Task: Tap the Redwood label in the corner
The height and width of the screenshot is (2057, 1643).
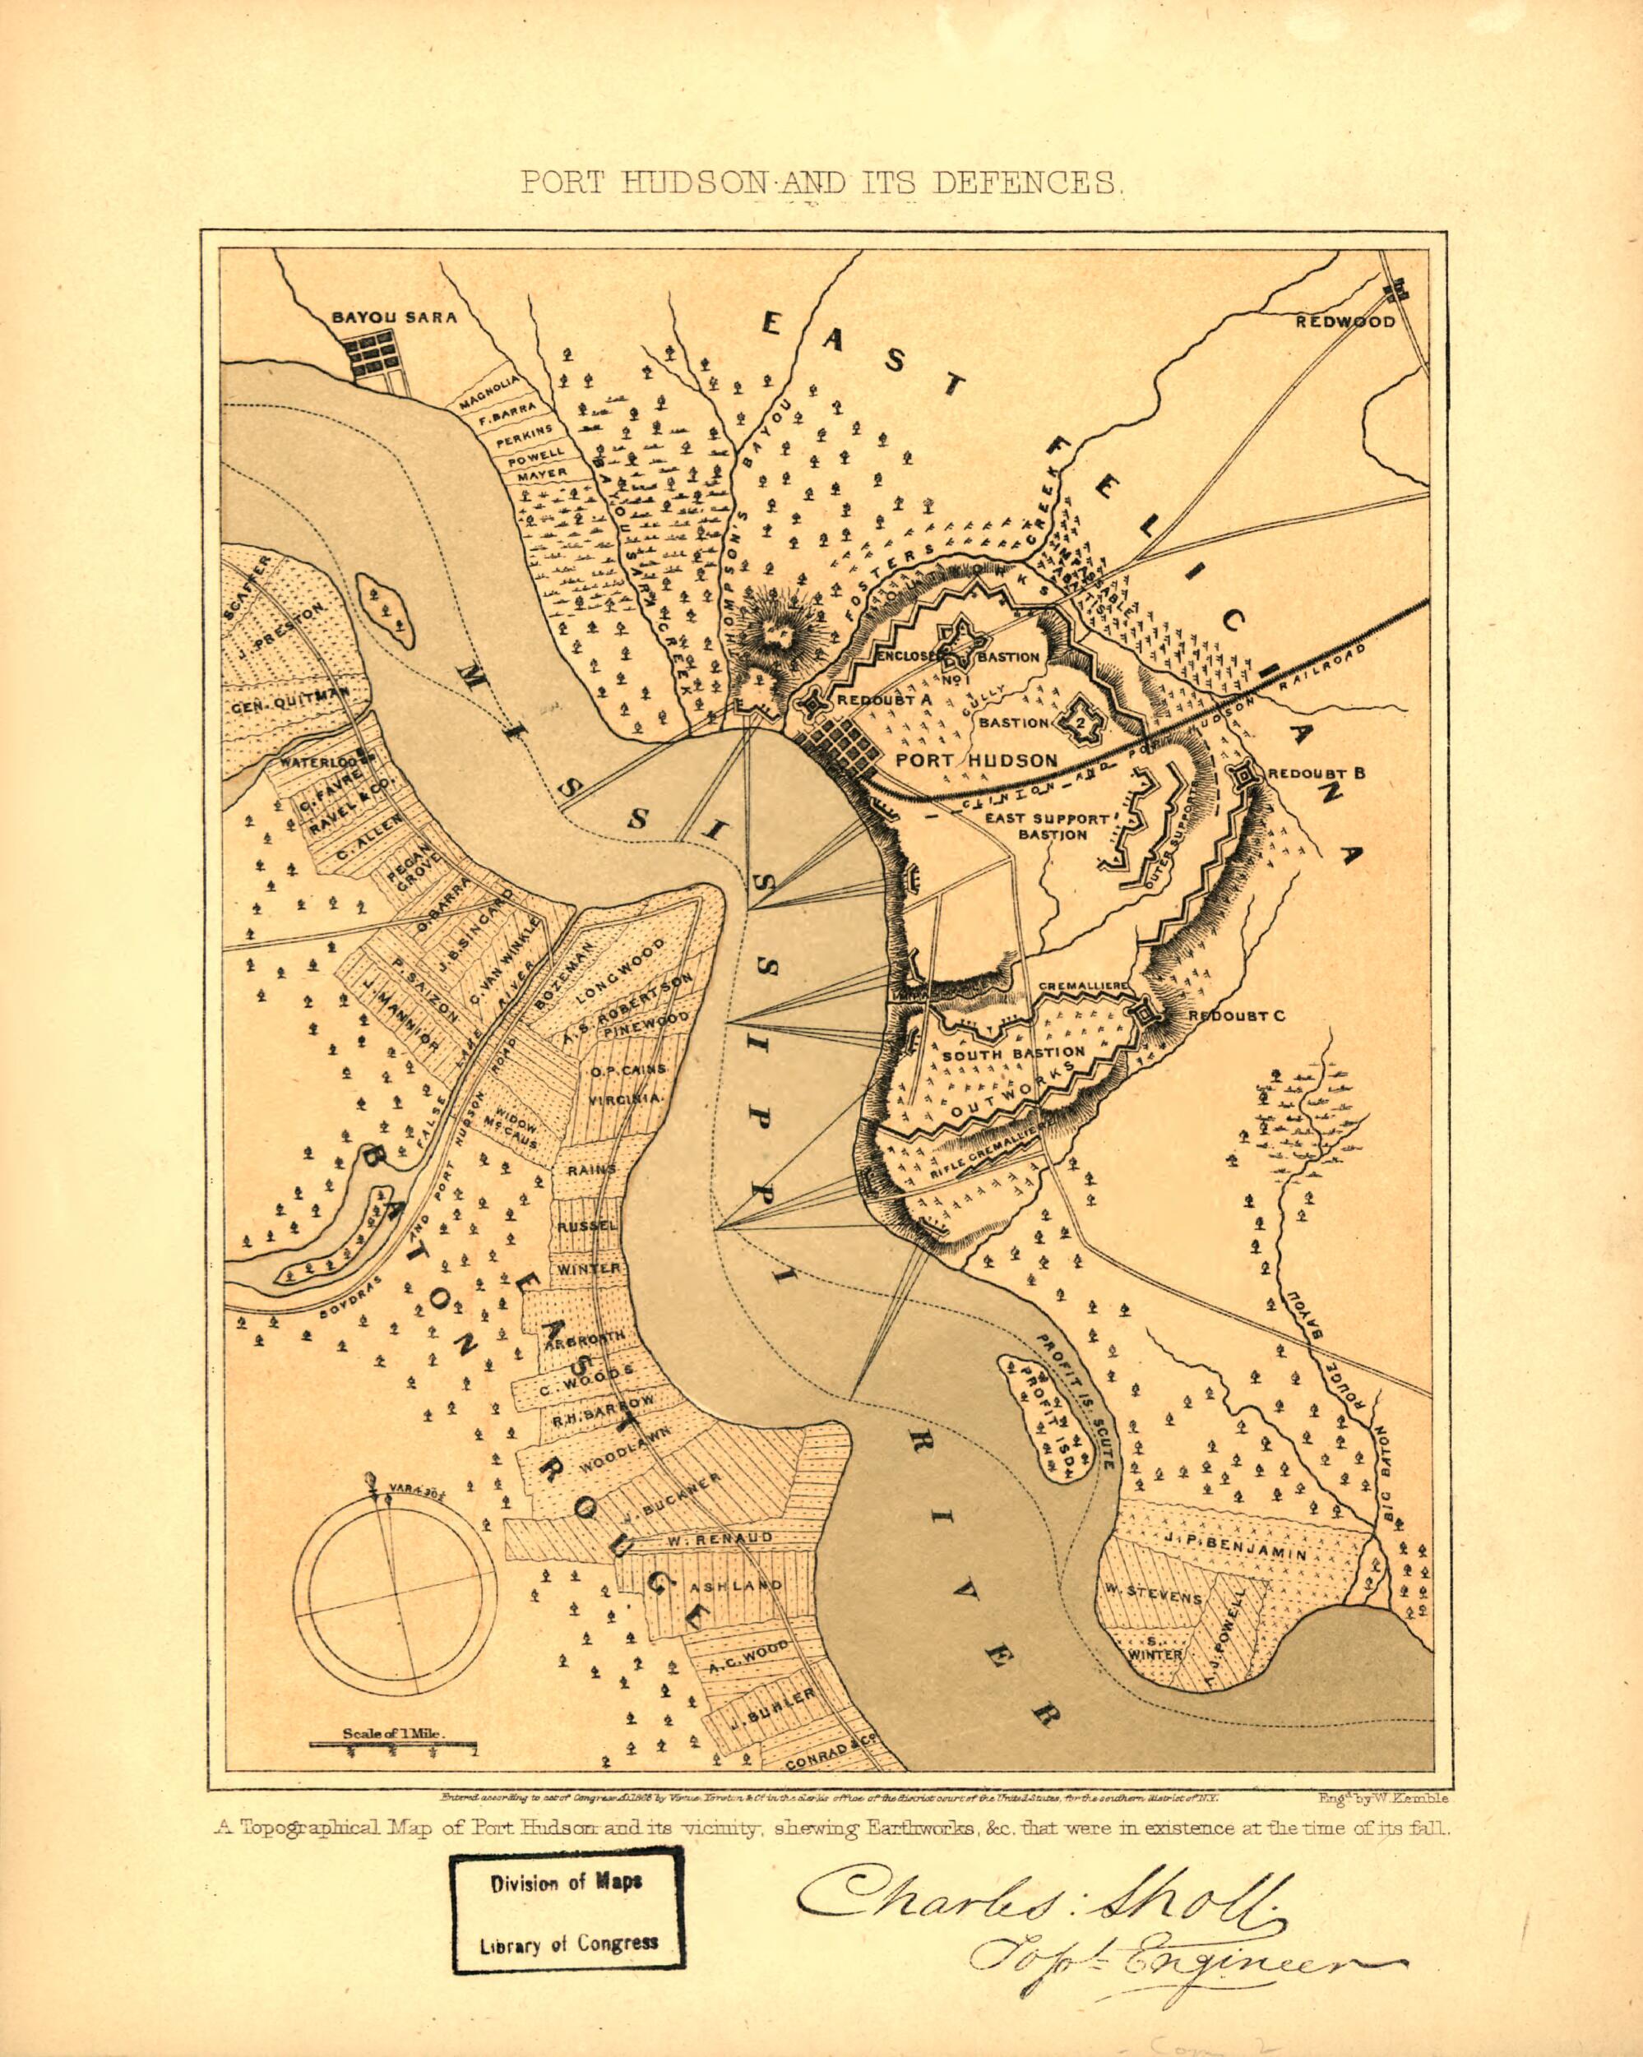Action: click(1344, 321)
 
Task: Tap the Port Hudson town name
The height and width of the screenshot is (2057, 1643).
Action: click(977, 760)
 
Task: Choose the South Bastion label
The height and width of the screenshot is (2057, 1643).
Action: click(1013, 1054)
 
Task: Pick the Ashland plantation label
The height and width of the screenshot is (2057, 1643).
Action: click(737, 1585)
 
